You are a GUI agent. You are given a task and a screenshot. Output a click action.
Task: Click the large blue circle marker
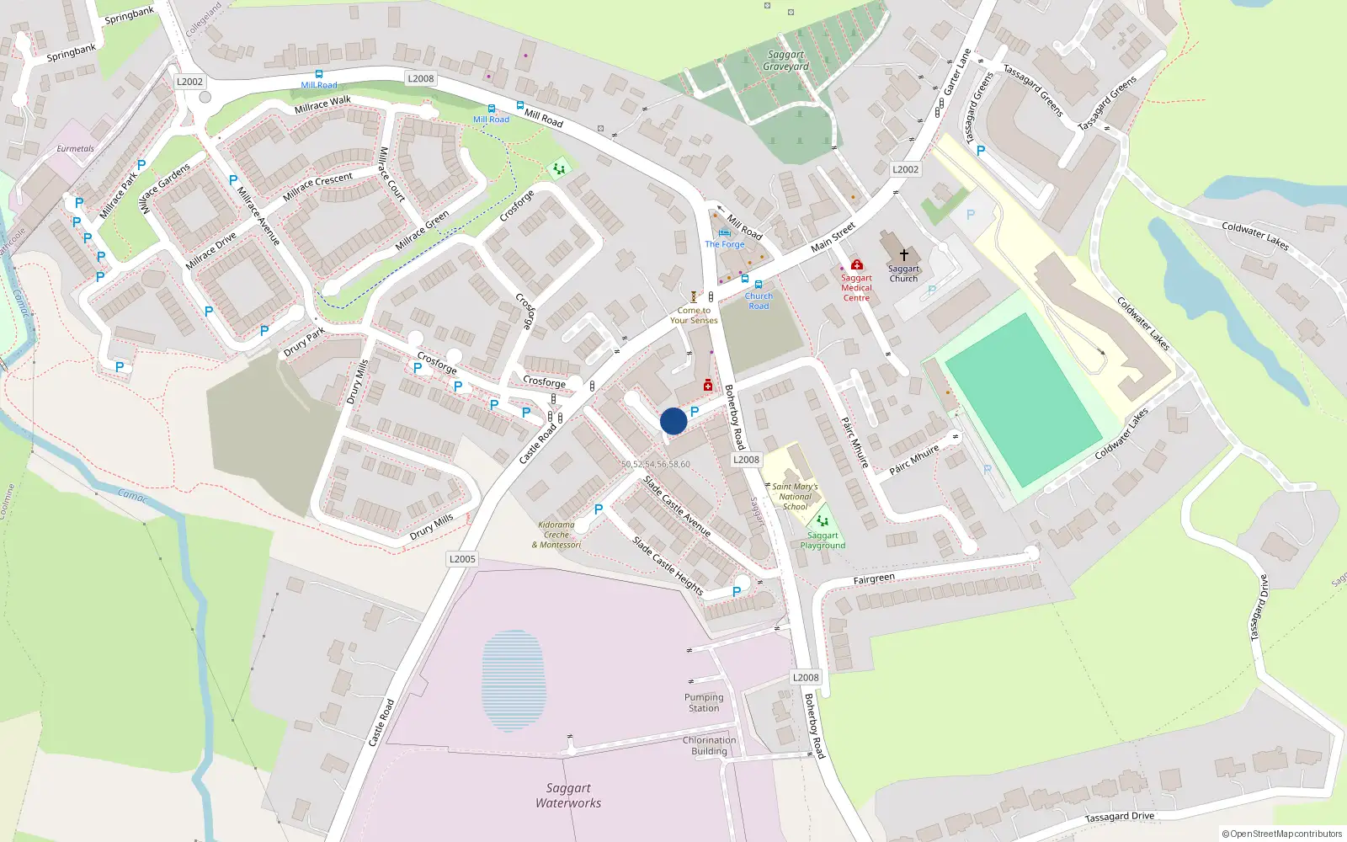pos(673,421)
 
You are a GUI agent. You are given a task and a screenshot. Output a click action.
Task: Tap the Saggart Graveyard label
pos(786,61)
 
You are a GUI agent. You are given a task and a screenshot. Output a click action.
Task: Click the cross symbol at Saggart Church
pos(903,254)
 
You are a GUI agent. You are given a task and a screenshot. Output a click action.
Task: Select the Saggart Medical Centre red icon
pos(856,264)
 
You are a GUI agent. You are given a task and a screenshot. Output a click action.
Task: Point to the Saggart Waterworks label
pos(568,795)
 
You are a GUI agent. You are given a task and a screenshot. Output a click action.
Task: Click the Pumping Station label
pos(704,702)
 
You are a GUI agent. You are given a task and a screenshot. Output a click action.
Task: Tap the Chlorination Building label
pos(709,745)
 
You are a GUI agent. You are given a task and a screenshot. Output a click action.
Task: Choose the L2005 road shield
pos(462,558)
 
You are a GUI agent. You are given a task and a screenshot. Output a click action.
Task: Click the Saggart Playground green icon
pos(823,520)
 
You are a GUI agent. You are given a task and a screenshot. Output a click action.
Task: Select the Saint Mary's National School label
pos(795,497)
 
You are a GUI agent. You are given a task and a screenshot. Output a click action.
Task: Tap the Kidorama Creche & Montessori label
pos(556,535)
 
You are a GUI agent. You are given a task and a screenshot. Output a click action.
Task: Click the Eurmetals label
pos(76,149)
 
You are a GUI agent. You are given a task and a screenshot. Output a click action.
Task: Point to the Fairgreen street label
pos(874,579)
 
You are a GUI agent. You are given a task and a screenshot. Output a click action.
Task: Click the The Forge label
pos(725,244)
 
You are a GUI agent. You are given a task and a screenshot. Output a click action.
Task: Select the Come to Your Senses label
pos(694,315)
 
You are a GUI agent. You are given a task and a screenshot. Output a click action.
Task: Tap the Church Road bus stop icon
pos(759,285)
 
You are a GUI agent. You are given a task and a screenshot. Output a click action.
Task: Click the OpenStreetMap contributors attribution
pos(1281,834)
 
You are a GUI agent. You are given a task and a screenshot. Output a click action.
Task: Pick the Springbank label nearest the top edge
pos(129,15)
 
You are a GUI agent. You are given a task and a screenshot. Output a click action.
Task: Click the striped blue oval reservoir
pos(513,679)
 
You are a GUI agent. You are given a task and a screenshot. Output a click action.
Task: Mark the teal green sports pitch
pos(1022,400)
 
